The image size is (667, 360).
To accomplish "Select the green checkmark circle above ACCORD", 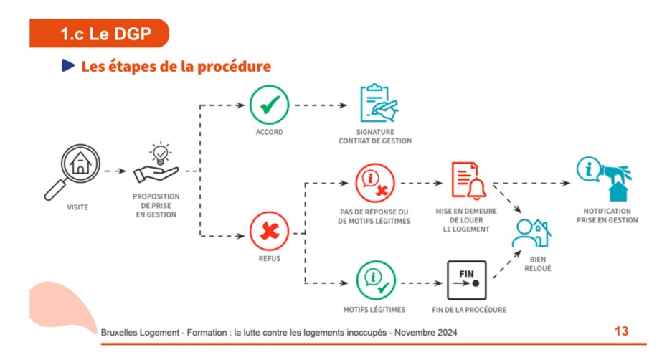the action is (269, 105).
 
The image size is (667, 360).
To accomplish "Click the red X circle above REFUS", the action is (269, 231).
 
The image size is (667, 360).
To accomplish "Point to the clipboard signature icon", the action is (379, 103).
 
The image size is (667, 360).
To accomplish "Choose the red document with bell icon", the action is (468, 181).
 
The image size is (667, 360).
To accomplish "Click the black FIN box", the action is (467, 280).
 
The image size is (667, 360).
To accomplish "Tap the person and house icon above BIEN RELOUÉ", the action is (531, 233).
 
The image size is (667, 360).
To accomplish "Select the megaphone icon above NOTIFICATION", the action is (605, 179).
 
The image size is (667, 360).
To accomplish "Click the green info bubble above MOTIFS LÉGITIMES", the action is (376, 280).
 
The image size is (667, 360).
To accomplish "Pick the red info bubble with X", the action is (375, 183).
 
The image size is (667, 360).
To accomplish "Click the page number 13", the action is (622, 331).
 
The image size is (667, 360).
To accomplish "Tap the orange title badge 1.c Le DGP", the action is (99, 33).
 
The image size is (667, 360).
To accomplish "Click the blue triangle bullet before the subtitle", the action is (68, 65).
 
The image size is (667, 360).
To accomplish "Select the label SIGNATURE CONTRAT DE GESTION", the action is (375, 136).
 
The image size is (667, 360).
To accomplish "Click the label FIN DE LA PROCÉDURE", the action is (469, 310).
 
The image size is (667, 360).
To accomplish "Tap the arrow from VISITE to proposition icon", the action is (115, 171).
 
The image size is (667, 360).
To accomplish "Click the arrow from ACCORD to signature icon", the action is (321, 105).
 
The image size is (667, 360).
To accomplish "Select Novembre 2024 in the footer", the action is (426, 332).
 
